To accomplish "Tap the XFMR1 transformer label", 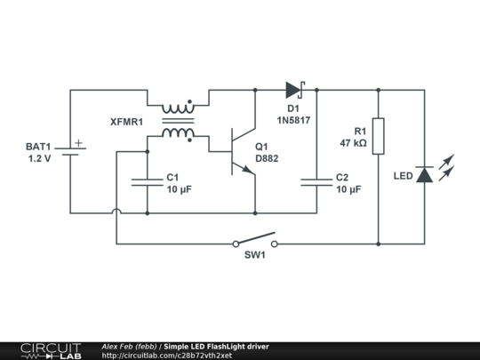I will point(125,121).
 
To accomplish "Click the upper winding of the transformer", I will point(178,103).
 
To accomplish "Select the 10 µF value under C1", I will point(179,188).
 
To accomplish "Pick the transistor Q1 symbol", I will point(237,151).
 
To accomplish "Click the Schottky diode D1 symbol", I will point(294,89).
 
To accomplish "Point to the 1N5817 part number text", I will point(293,120).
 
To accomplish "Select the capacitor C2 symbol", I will point(316,182).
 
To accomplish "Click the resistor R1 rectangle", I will point(379,136).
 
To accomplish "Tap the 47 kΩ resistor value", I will point(353,142).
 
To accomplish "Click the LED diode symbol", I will point(424,174).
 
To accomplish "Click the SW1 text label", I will point(256,256).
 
